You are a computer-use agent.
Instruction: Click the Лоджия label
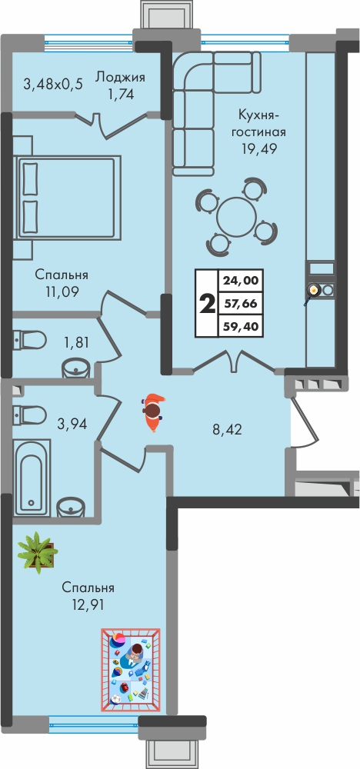click(x=120, y=78)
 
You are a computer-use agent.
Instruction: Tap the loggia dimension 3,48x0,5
click(x=53, y=84)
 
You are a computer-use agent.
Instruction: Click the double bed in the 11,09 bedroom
click(x=68, y=198)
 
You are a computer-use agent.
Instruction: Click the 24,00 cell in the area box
click(x=240, y=281)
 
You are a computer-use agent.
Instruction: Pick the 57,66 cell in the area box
click(x=240, y=304)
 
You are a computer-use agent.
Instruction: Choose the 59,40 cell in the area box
click(x=240, y=325)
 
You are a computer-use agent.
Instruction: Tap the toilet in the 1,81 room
click(x=29, y=339)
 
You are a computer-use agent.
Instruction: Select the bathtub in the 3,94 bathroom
click(x=32, y=478)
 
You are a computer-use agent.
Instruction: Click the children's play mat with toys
click(x=131, y=670)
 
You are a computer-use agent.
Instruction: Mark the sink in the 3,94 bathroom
click(x=72, y=507)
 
